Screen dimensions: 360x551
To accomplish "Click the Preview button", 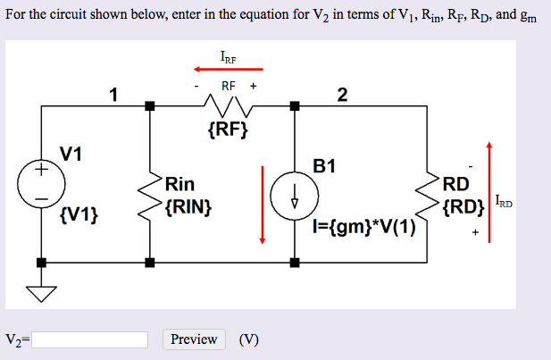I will (194, 339).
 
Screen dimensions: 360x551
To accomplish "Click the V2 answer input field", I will (90, 339).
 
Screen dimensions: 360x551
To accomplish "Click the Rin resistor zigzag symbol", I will (149, 197).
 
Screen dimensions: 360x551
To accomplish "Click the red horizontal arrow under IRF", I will (229, 68).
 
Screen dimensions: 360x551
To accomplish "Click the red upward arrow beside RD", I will (488, 183).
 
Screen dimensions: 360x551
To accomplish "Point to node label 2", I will (343, 95).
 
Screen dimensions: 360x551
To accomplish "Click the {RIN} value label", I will (187, 207).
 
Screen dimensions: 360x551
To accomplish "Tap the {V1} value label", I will (80, 215).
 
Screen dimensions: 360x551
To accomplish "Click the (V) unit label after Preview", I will (249, 339).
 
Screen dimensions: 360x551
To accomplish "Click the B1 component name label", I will (324, 164).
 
